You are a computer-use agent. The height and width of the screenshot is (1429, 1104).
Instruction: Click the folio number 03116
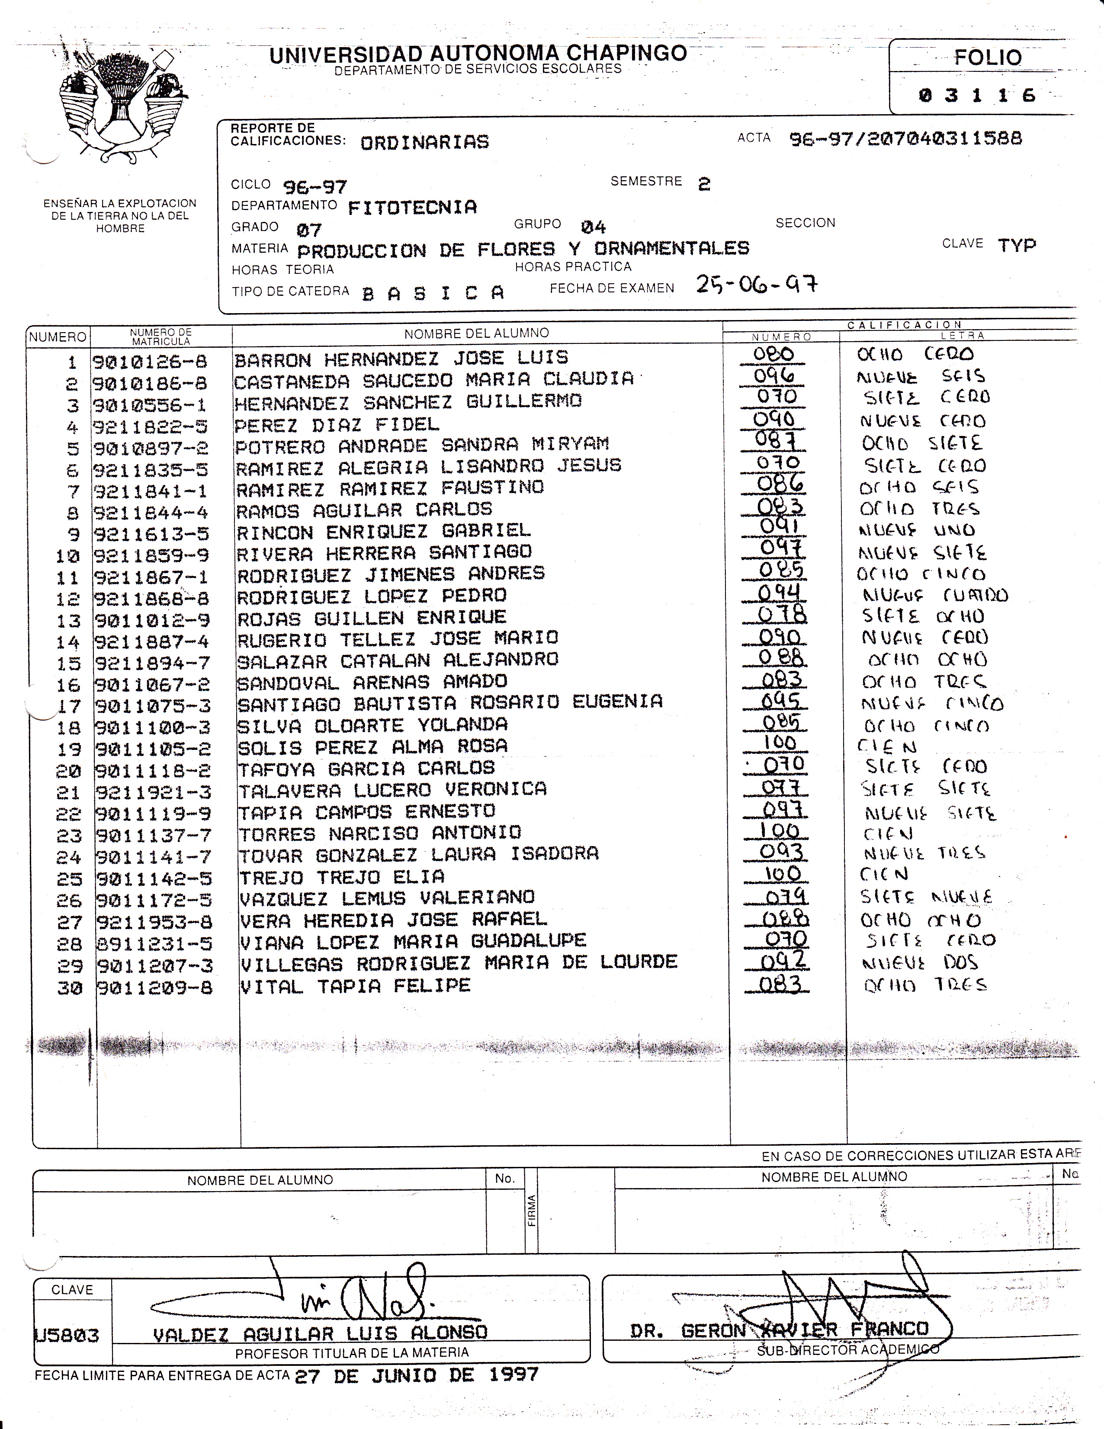(x=976, y=96)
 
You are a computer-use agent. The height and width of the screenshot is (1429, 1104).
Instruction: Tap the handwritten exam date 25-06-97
(x=757, y=284)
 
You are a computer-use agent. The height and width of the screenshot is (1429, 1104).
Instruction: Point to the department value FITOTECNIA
(x=412, y=208)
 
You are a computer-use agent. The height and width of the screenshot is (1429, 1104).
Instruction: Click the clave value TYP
(x=1017, y=245)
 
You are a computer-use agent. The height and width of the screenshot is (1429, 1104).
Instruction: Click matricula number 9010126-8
(x=150, y=361)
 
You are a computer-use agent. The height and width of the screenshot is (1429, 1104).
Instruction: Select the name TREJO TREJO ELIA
(x=342, y=877)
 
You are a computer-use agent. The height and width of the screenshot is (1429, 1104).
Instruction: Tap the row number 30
(x=69, y=988)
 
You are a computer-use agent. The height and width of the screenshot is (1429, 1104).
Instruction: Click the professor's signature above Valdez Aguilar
(x=366, y=1299)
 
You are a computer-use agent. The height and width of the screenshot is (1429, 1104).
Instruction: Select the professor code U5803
(x=67, y=1335)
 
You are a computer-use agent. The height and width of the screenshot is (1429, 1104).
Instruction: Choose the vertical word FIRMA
(x=531, y=1211)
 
